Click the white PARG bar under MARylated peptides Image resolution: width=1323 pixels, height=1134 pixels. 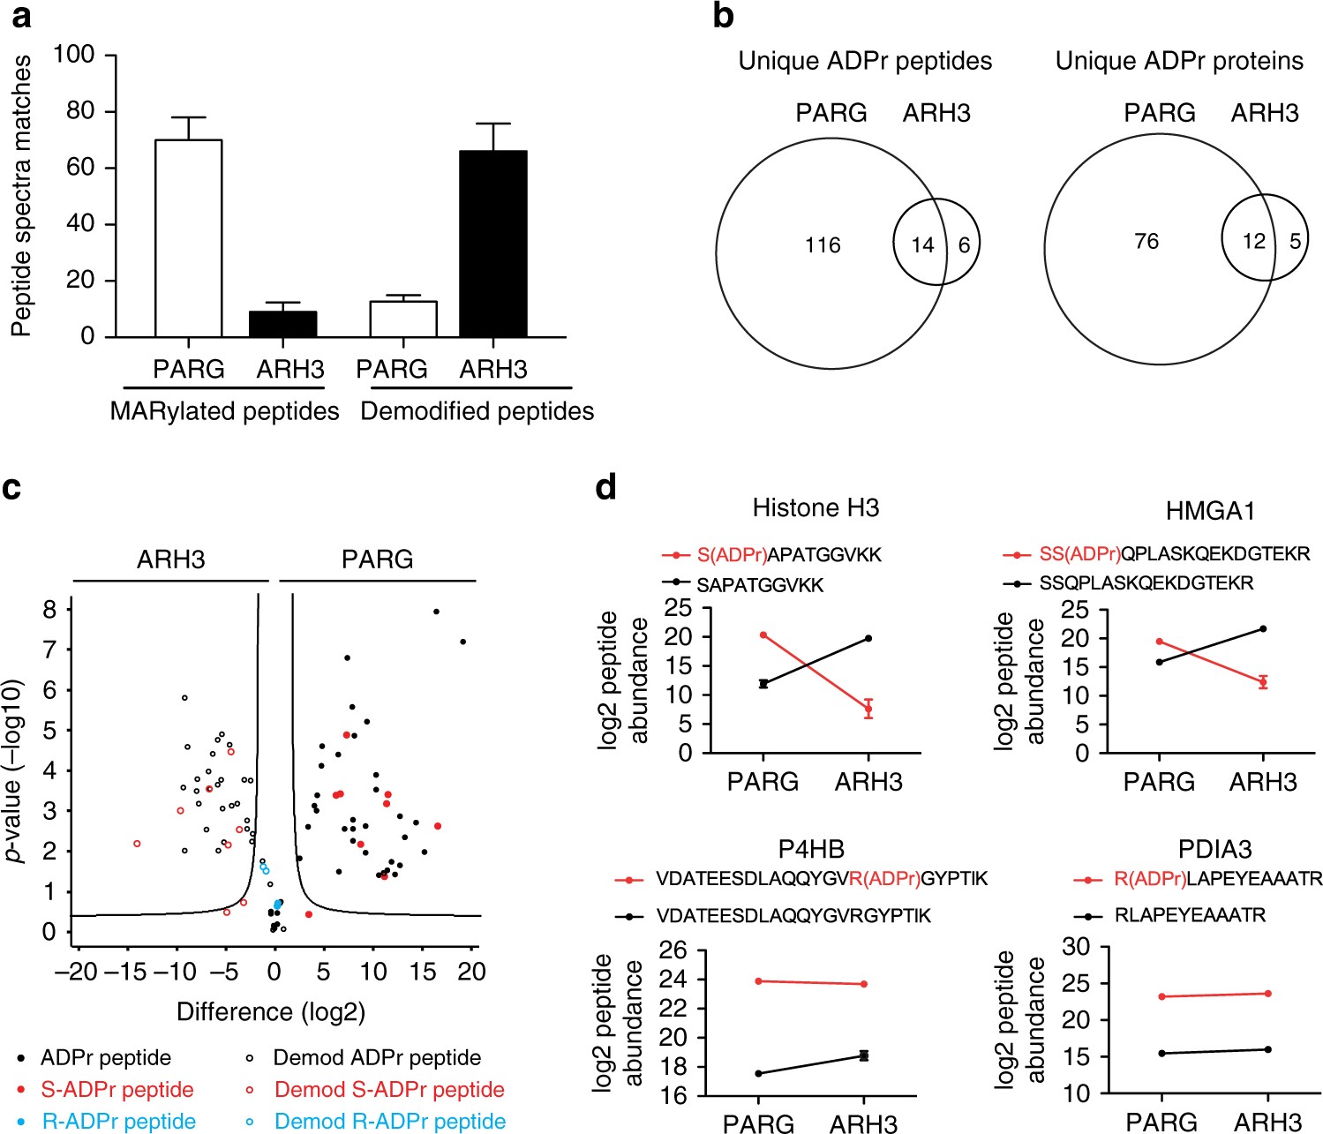[x=188, y=238]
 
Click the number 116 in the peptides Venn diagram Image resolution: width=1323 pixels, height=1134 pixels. [x=823, y=245]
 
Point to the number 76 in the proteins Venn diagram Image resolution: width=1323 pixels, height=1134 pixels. [x=1146, y=241]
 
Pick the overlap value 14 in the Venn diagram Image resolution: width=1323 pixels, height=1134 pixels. [x=922, y=245]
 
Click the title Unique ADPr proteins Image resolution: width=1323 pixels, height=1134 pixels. [x=1179, y=61]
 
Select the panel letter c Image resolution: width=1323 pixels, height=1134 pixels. [x=12, y=487]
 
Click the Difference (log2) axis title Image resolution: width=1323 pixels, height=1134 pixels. [x=271, y=1011]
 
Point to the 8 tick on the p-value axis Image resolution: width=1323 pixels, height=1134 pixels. [x=49, y=610]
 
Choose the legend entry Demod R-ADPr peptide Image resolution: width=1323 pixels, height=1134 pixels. [x=389, y=1121]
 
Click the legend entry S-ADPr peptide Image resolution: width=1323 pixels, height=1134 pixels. [x=117, y=1090]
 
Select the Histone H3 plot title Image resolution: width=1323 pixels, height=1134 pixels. [x=816, y=507]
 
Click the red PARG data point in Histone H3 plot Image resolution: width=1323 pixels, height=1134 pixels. [x=763, y=635]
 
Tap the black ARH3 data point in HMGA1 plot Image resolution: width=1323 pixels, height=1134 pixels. [x=1263, y=628]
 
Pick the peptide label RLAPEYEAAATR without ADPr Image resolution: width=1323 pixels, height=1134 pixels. [x=1190, y=915]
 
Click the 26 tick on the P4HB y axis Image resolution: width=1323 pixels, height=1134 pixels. [x=673, y=950]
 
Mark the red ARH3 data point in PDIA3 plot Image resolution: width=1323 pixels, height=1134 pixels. [x=1268, y=994]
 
